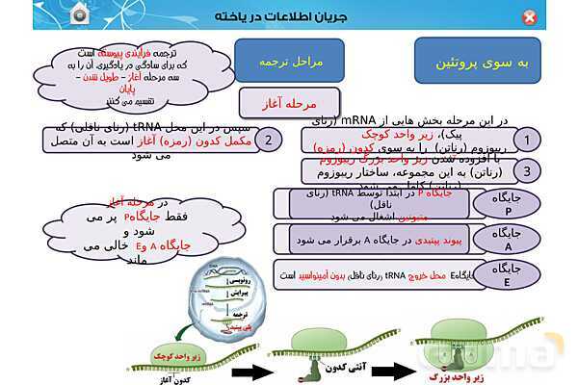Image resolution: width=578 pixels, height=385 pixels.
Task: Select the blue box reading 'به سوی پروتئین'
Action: click(481, 62)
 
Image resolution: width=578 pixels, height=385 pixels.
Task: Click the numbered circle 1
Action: click(527, 141)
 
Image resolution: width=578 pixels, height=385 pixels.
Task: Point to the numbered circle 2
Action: click(272, 140)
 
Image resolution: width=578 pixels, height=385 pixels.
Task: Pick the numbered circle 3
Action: click(527, 171)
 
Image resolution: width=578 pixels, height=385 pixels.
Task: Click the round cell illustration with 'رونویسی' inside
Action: click(223, 303)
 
